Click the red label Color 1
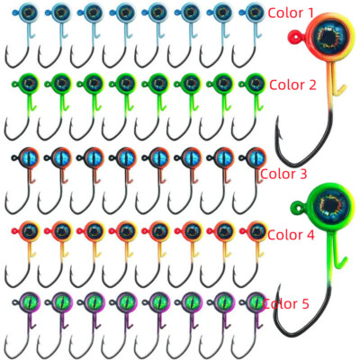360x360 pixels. coord(291,13)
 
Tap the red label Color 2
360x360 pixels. coord(292,85)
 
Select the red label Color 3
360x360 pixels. coord(283,174)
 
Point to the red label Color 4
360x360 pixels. coord(291,235)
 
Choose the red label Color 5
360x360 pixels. coord(285,304)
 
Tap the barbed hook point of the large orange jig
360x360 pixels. coord(277,128)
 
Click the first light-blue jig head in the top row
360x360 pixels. coord(28,13)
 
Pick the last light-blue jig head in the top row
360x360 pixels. coord(255,13)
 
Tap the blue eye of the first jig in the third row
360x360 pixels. coord(31,157)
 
